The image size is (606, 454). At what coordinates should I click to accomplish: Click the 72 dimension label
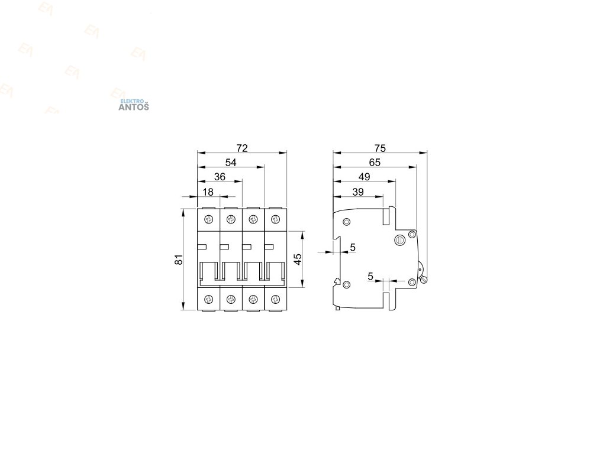point(241,147)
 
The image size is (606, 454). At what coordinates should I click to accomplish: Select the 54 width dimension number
point(230,163)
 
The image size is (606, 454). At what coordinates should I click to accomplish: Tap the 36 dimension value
point(220,177)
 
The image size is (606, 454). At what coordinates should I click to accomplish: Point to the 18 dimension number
point(208,192)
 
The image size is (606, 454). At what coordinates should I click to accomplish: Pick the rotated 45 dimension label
point(298,259)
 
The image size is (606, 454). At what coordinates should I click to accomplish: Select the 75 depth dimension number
point(379,147)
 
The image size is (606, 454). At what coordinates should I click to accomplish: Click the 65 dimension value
point(374,163)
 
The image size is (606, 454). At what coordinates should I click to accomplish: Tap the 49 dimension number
point(364,177)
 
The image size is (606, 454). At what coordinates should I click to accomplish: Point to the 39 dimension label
point(358,192)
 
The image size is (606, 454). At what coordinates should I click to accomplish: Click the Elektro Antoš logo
point(134,105)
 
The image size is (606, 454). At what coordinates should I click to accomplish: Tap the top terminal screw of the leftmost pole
point(208,220)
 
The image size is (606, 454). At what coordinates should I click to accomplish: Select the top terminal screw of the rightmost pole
point(275,220)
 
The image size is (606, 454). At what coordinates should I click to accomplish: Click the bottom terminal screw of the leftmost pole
point(208,299)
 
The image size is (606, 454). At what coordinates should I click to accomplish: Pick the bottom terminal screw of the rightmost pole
point(275,299)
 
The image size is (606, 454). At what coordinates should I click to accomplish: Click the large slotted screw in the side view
point(399,240)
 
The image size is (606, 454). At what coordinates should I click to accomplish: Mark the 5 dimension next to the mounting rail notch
point(353,248)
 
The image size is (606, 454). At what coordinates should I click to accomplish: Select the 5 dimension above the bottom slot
point(370,276)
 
